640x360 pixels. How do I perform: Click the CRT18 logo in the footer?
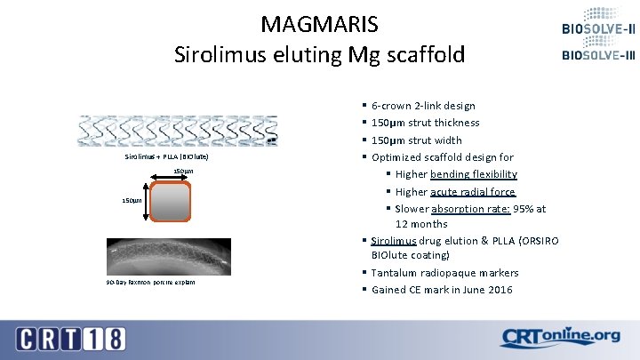point(71,339)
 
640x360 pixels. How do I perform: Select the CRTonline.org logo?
point(560,337)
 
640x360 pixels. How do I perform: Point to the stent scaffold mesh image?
point(178,132)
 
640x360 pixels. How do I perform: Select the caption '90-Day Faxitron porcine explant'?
point(150,283)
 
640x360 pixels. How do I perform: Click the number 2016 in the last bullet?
point(498,290)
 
